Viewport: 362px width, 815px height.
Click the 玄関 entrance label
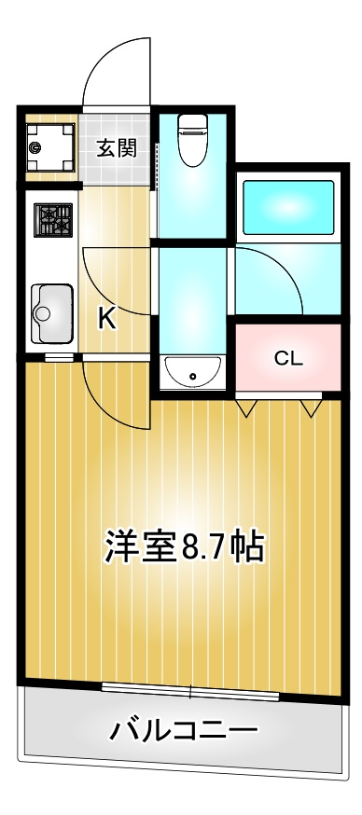click(117, 148)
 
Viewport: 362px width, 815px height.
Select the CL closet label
click(288, 359)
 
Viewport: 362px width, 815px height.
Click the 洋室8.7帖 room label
click(185, 546)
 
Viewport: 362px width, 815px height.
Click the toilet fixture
click(192, 139)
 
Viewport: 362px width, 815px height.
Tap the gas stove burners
click(53, 220)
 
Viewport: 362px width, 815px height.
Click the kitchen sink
click(51, 313)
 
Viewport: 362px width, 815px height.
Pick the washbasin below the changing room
click(192, 373)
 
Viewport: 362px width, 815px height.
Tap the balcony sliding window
click(190, 692)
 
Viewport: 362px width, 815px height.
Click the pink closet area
click(288, 357)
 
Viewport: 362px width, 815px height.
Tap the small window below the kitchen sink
click(59, 357)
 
